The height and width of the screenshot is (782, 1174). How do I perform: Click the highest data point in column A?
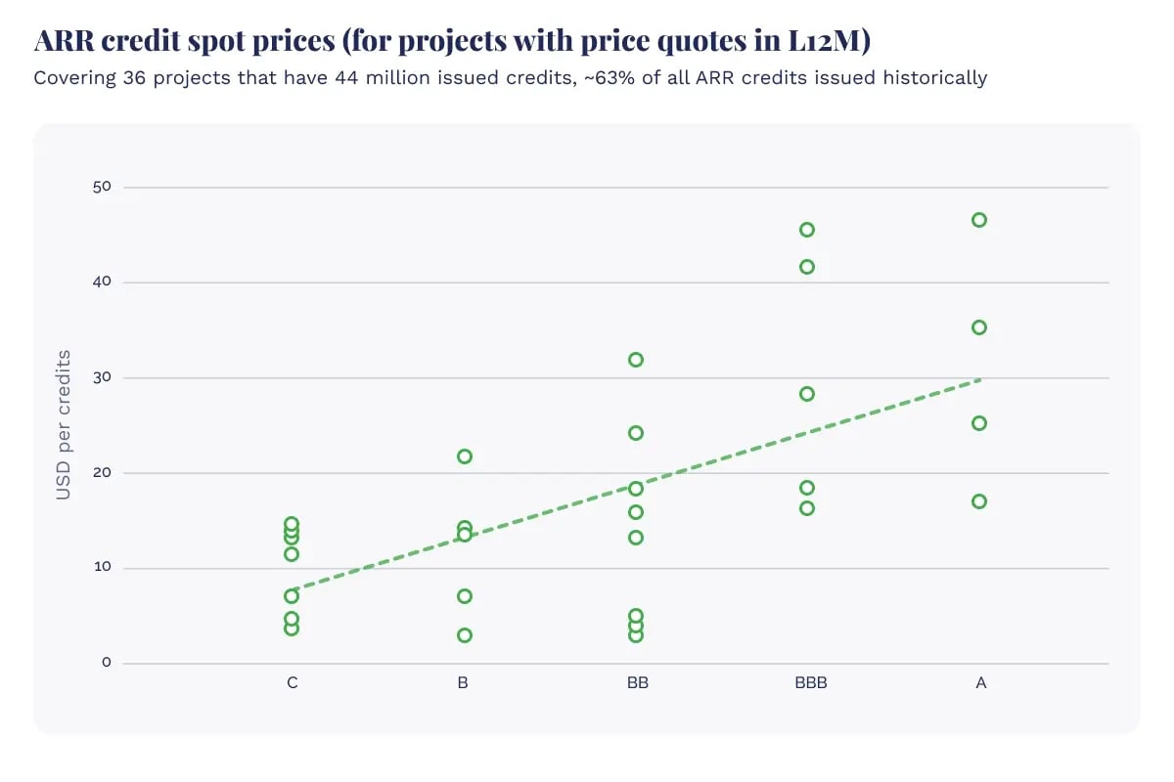pyautogui.click(x=979, y=220)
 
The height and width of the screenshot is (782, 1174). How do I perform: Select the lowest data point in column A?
pyautogui.click(x=979, y=501)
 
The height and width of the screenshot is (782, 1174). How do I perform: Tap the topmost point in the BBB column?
pyautogui.click(x=807, y=230)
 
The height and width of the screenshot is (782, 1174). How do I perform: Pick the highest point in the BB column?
pyautogui.click(x=636, y=360)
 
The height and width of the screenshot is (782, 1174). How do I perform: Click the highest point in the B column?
pyautogui.click(x=465, y=456)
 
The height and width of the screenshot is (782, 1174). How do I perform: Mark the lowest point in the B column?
pyautogui.click(x=465, y=635)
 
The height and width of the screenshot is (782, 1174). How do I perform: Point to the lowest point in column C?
pyautogui.click(x=292, y=628)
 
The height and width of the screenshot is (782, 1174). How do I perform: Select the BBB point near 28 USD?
pyautogui.click(x=807, y=394)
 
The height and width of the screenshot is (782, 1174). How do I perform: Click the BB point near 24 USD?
pyautogui.click(x=636, y=433)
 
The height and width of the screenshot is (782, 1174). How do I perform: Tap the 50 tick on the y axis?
pyautogui.click(x=103, y=187)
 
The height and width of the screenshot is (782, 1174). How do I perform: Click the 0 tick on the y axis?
pyautogui.click(x=107, y=664)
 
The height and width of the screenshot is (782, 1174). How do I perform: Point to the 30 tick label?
pyautogui.click(x=103, y=377)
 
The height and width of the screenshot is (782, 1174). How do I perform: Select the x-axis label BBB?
pyautogui.click(x=810, y=683)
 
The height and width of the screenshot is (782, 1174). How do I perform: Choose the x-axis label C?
pyautogui.click(x=293, y=683)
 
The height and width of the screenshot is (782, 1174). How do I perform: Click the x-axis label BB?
pyautogui.click(x=638, y=683)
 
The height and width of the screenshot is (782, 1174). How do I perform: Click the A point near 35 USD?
pyautogui.click(x=979, y=327)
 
